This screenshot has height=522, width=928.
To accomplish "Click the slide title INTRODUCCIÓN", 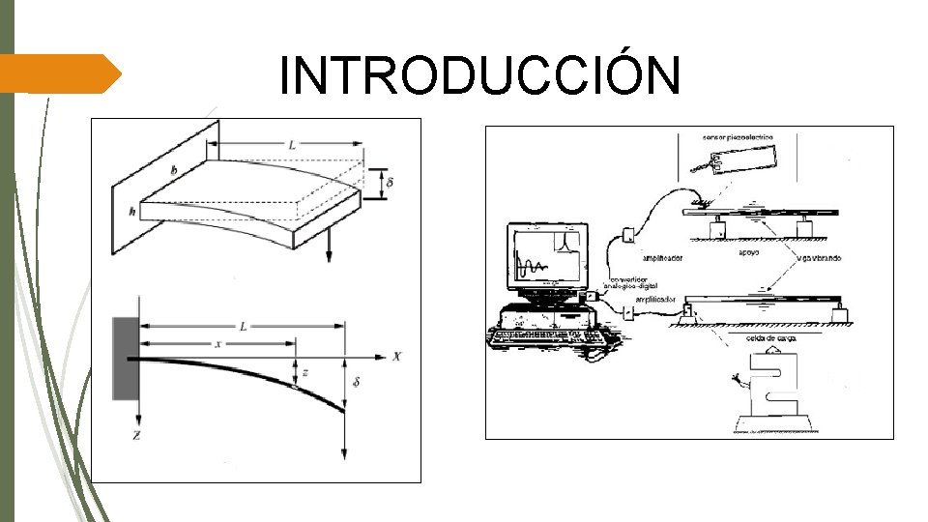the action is (479, 75).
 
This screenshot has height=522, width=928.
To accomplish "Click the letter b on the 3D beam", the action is (174, 171).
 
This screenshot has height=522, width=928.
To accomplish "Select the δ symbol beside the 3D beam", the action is (389, 182).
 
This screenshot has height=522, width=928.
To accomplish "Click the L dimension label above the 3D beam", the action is (291, 145).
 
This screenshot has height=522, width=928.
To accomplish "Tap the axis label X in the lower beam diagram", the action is (396, 356).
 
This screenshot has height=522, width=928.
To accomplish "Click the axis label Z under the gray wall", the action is (137, 436).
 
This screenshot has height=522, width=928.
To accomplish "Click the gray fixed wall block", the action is (126, 358).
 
